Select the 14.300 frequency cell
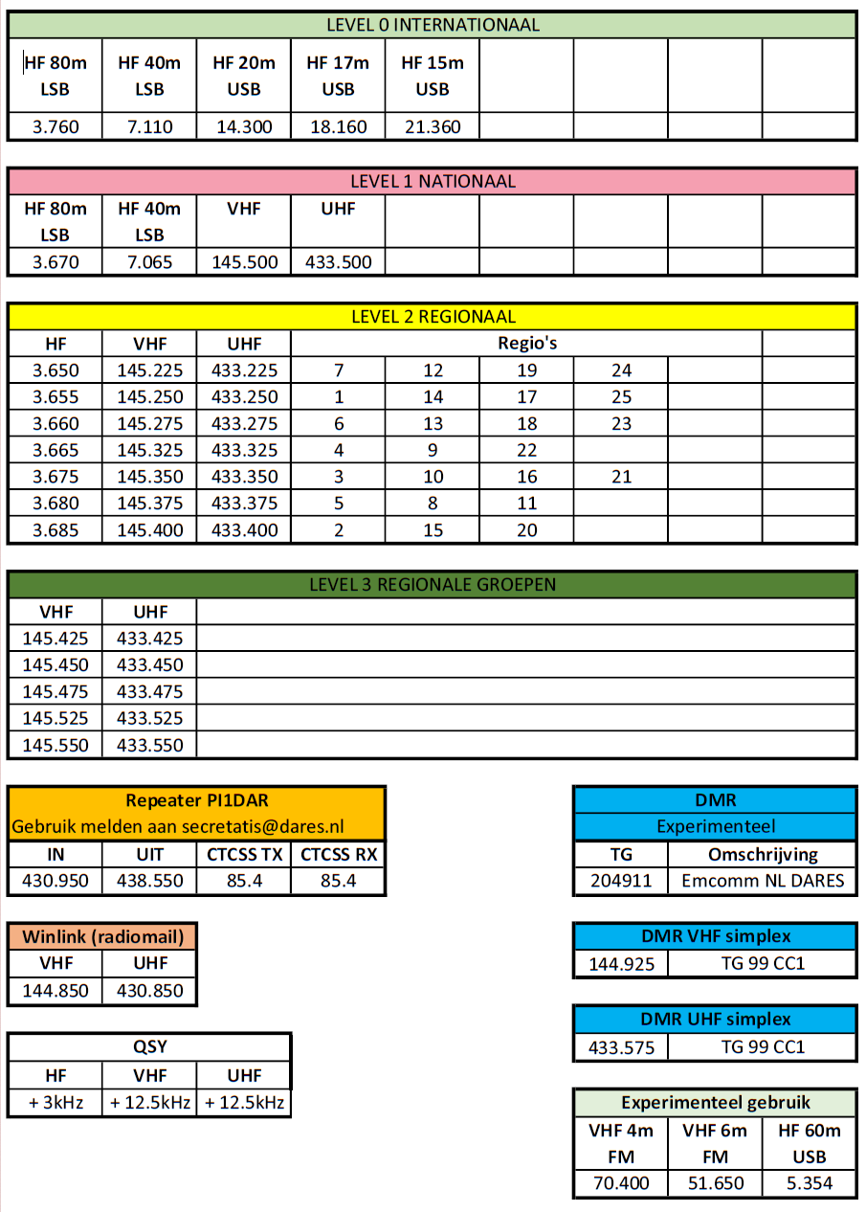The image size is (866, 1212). pos(243,126)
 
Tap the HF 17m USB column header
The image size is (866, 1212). pos(337,76)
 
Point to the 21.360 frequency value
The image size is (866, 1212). pos(432,126)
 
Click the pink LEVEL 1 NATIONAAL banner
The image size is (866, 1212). pos(433,181)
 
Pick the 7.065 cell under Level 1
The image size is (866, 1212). pos(149,262)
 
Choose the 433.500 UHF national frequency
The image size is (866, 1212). pos(338,262)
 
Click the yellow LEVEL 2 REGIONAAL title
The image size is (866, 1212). pos(433,317)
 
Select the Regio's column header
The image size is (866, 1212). pos(526,344)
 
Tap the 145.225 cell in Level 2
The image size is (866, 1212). pos(149,370)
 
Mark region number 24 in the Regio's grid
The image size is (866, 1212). pos(621,370)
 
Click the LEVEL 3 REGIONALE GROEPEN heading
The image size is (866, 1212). pos(433,584)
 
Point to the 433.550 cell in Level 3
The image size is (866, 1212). pos(149,745)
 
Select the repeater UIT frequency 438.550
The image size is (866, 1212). pos(149,881)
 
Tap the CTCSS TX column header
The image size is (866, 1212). pos(244,855)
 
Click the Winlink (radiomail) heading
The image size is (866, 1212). pos(102,936)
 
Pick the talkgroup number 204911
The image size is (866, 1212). pos(621,881)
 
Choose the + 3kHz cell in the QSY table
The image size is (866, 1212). pos(56,1103)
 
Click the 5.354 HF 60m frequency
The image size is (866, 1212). pos(809,1183)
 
